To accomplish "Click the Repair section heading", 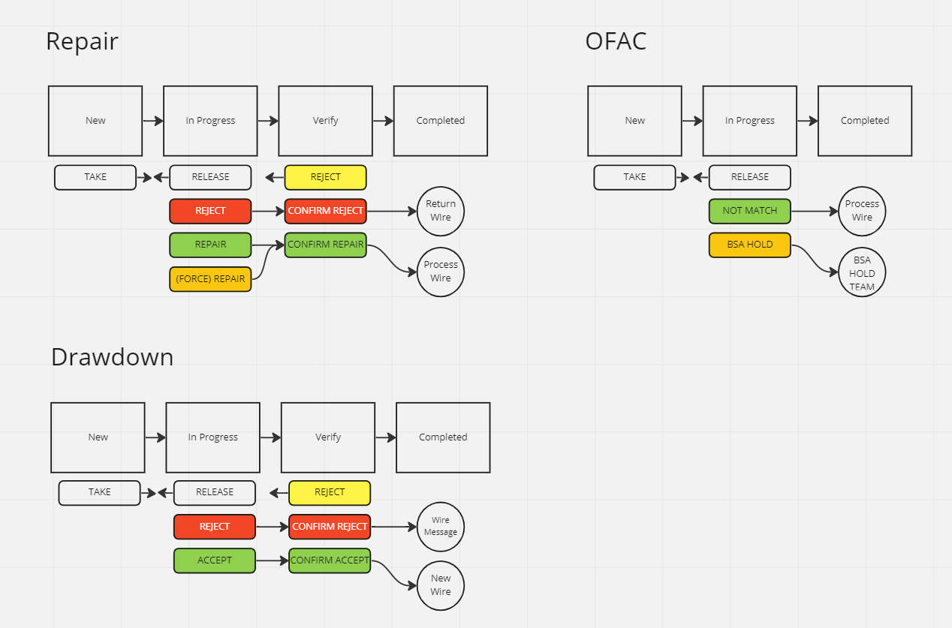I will (x=82, y=41).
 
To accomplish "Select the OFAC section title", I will (x=616, y=41).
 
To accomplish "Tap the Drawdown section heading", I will (x=112, y=357).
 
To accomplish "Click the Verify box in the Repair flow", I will (x=325, y=121).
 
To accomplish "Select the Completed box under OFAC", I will (x=864, y=121).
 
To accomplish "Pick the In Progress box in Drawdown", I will (x=212, y=437).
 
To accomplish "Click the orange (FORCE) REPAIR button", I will (x=210, y=279).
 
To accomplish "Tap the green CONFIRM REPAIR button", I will (x=325, y=245).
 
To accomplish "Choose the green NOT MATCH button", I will (x=749, y=211).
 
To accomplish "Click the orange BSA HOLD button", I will (x=749, y=245).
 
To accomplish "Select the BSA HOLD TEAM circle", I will (x=862, y=273).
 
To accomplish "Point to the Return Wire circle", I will (x=441, y=211).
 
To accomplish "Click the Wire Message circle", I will (x=441, y=526).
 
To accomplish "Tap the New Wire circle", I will (x=441, y=585).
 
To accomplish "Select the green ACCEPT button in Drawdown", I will (x=214, y=560).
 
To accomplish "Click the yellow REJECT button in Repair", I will (x=325, y=177).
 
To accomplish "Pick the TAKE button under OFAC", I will (x=634, y=177).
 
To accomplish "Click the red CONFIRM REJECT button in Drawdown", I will (x=330, y=527).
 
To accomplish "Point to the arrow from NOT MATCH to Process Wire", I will (x=815, y=212).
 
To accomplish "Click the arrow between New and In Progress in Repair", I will (x=153, y=121).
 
